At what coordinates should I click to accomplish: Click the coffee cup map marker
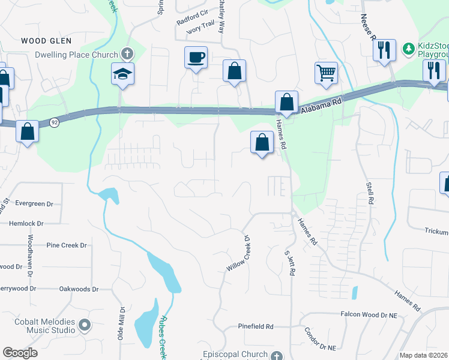coord(196,58)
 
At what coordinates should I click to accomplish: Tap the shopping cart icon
coord(326,73)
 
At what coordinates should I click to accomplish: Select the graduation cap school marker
coord(122,74)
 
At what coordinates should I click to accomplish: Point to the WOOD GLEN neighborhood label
coord(46,41)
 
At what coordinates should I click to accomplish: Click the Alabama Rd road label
coord(322,103)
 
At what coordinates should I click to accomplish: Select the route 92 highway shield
coord(54,122)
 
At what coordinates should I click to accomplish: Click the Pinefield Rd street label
coord(255,326)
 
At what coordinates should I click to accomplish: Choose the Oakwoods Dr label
coord(79,289)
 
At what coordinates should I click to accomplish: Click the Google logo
coord(20,353)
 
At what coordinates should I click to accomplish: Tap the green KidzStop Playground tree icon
coord(408,47)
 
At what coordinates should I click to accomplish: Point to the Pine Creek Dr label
coord(67,245)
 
